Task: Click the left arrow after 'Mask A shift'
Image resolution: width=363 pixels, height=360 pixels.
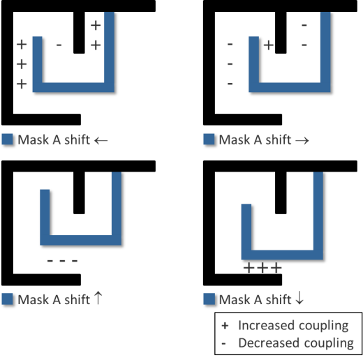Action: pyautogui.click(x=101, y=140)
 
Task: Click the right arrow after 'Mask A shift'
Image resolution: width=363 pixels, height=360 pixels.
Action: pyautogui.click(x=302, y=140)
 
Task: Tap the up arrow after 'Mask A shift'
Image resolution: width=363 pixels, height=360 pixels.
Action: pyautogui.click(x=98, y=298)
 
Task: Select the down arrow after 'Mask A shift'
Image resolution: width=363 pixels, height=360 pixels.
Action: pyautogui.click(x=299, y=298)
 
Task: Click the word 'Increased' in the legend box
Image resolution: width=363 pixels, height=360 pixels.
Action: pyautogui.click(x=263, y=325)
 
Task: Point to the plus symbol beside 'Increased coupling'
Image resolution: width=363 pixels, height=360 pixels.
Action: pyautogui.click(x=225, y=326)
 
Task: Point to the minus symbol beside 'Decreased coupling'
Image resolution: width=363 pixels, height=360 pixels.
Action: pyautogui.click(x=223, y=343)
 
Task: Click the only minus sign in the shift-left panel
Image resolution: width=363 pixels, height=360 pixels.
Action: pyautogui.click(x=59, y=45)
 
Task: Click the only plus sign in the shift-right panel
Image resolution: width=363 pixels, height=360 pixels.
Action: pyautogui.click(x=269, y=45)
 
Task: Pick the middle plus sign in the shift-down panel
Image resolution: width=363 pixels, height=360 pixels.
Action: pyautogui.click(x=262, y=268)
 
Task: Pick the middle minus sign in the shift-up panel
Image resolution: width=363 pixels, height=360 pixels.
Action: pyautogui.click(x=62, y=261)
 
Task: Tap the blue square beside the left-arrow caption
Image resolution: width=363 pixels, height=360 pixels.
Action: pyautogui.click(x=7, y=140)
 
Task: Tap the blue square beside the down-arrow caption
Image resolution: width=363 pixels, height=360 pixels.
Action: pyautogui.click(x=209, y=299)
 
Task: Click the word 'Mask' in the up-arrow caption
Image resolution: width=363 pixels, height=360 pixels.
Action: pyautogui.click(x=34, y=299)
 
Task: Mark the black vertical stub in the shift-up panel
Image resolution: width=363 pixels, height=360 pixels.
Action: pyautogui.click(x=79, y=193)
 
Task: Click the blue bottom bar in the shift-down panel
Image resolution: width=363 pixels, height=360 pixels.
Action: pyautogui.click(x=282, y=255)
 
